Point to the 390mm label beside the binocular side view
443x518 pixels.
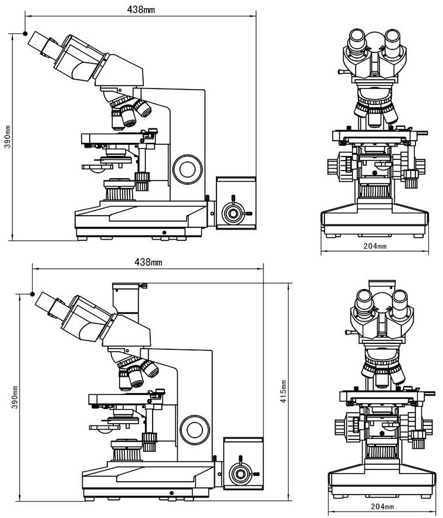tap(7, 136)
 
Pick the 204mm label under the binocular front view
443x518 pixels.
tap(375, 247)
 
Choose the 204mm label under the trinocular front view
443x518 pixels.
tap(382, 506)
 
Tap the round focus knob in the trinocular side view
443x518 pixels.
tap(195, 430)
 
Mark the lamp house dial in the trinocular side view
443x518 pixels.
tap(240, 472)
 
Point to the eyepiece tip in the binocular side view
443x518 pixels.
tap(33, 42)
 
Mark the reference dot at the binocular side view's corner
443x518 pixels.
tap(25, 33)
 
